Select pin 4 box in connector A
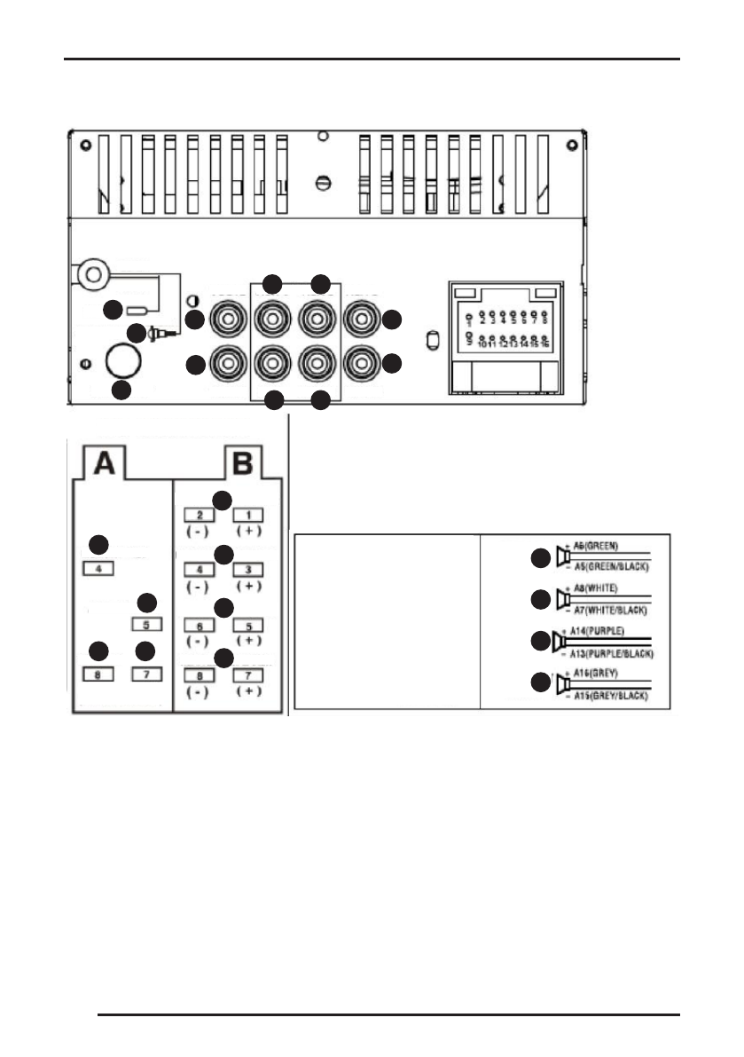(100, 568)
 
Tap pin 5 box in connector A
(146, 623)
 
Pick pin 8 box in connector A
(100, 674)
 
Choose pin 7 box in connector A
(146, 674)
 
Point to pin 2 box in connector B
(200, 515)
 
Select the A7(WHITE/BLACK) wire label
(607, 611)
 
